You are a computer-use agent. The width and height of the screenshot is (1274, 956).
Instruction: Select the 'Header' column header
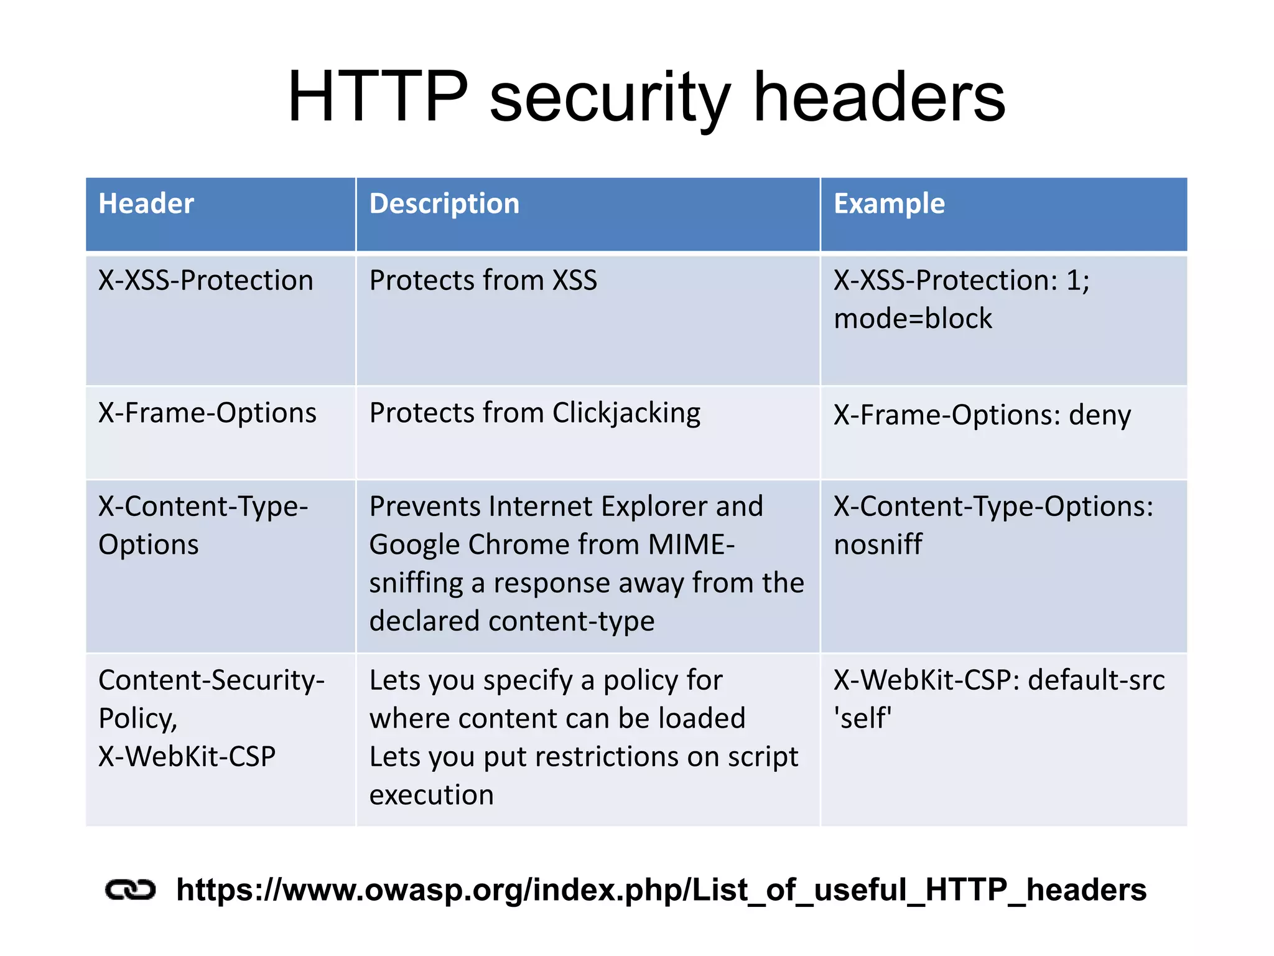pos(146,204)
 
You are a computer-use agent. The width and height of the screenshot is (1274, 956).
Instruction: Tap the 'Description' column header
pos(444,204)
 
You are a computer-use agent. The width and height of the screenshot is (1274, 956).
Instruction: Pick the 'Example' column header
pos(889,204)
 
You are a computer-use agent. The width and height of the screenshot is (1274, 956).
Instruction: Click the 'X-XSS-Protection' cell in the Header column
pos(206,281)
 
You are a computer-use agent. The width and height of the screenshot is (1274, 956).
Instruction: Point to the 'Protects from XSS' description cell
pos(483,281)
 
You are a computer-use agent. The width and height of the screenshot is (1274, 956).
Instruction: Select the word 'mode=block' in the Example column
pos(913,319)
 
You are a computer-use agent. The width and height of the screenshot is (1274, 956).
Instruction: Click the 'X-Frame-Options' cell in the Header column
pos(207,413)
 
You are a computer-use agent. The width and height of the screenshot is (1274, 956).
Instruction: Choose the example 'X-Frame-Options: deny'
pos(982,415)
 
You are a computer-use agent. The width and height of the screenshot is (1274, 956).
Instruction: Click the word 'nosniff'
pos(878,545)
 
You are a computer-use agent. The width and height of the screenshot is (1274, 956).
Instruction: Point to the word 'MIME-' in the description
pos(691,545)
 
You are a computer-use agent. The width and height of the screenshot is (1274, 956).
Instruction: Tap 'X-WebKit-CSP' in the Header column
pos(187,757)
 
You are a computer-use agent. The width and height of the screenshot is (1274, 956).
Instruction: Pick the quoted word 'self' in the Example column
pos(863,718)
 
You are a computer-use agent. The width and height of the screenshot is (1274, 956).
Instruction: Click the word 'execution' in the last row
pos(431,795)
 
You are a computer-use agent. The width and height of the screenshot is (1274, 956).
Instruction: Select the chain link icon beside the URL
pos(130,890)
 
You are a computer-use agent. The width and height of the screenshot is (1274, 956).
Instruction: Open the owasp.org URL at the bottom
pos(661,890)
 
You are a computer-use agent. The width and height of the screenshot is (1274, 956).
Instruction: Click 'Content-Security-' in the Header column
pos(212,680)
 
